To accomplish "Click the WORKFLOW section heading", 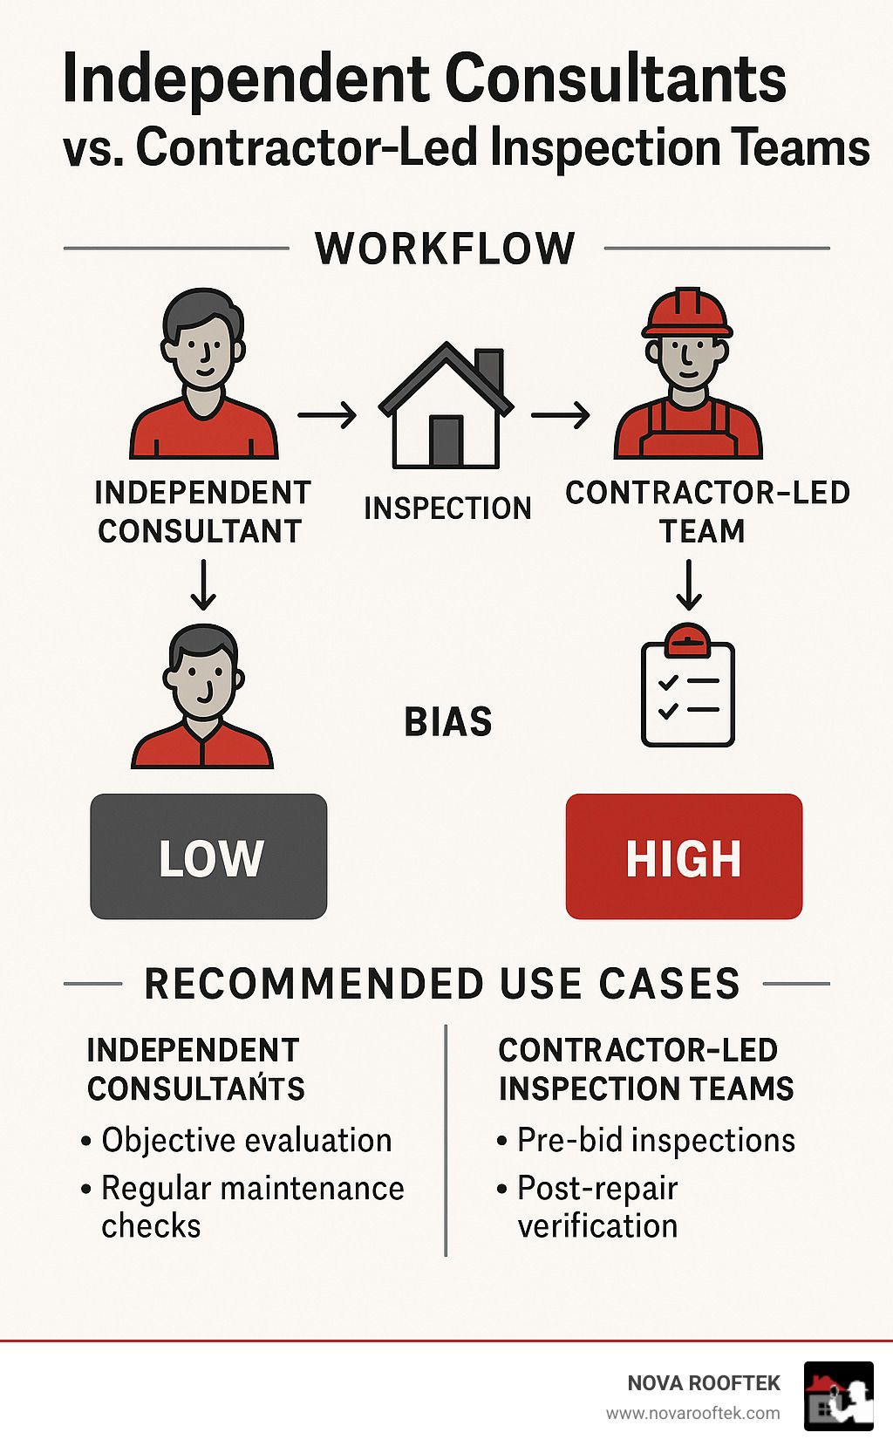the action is [445, 248].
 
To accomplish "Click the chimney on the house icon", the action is [489, 370].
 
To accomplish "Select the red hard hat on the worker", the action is [687, 312].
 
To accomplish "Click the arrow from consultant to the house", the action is [327, 414].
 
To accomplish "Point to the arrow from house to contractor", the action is [561, 414].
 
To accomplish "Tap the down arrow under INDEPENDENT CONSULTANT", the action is [203, 584].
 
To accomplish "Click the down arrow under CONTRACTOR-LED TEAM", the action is [688, 584].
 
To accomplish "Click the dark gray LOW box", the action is [208, 856].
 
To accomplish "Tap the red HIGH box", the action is [685, 856].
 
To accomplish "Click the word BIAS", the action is [448, 722].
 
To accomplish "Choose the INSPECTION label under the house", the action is [447, 508].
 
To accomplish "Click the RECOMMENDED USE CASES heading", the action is [442, 984].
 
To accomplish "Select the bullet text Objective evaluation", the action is [247, 1140].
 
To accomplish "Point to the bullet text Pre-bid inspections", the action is [657, 1140].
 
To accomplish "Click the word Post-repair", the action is [597, 1189].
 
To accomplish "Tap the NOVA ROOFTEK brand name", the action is [704, 1383].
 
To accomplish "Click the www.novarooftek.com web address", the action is [693, 1414].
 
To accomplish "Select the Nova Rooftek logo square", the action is [839, 1396].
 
